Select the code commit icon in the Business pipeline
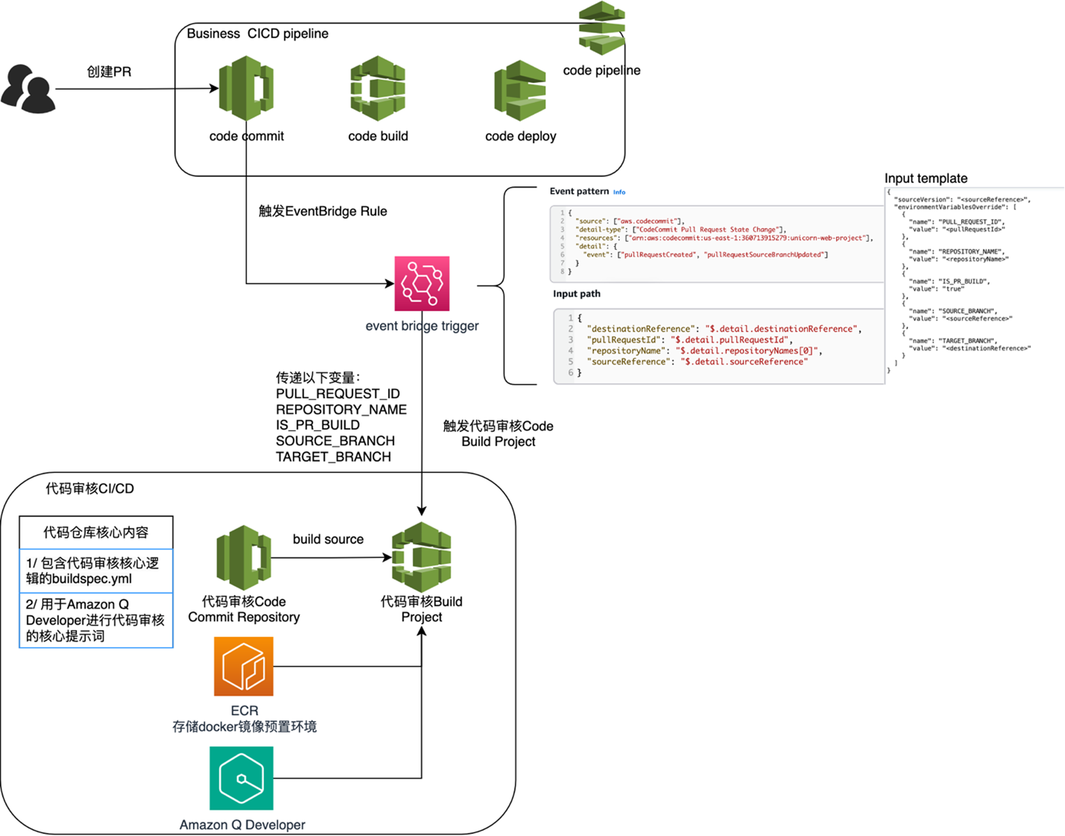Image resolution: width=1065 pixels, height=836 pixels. [246, 88]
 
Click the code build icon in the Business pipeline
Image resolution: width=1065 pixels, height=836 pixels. [378, 88]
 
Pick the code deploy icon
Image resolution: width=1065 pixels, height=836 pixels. [520, 90]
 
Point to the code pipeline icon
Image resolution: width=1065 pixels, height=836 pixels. [602, 28]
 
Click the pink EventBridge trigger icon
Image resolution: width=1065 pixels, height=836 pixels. [422, 283]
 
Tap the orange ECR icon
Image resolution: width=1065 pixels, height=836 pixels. [244, 666]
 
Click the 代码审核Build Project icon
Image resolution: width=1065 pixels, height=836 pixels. [422, 557]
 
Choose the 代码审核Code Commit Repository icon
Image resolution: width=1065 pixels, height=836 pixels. [244, 558]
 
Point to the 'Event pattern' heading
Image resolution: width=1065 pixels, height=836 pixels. [579, 191]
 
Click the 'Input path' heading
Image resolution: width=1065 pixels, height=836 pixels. [576, 294]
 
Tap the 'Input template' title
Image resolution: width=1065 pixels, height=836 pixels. [926, 178]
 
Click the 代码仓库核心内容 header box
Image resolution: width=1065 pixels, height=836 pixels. [96, 532]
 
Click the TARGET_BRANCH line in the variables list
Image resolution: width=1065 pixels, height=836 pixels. [333, 457]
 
